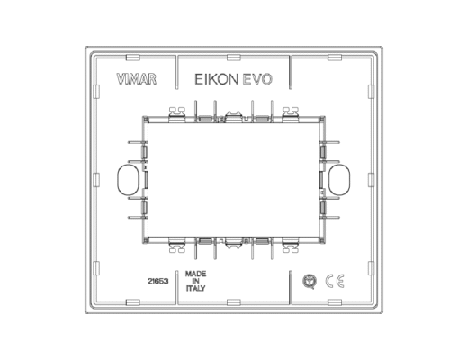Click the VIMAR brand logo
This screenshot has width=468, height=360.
pos(137,79)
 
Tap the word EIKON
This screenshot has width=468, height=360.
pos(216,79)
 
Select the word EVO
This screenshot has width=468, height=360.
pos(257,79)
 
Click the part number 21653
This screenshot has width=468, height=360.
pos(157,282)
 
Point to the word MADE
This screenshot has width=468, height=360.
pos(195,274)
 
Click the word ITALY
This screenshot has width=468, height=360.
pos(196,289)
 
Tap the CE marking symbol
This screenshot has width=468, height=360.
pos(335,282)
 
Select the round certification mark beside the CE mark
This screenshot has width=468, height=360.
pos(310,282)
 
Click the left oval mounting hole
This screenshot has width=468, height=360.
pos(128,179)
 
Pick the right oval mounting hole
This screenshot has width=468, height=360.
pos(339,179)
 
